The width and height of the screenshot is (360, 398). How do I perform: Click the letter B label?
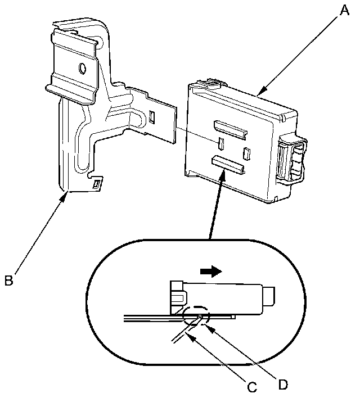[x=8, y=279]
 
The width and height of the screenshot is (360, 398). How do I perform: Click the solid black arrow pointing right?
[x=211, y=272]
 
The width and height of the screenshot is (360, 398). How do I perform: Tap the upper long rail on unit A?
[x=230, y=129]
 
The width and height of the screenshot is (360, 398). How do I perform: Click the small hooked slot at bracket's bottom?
[x=97, y=183]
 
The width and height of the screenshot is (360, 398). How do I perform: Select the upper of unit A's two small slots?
[x=221, y=143]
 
